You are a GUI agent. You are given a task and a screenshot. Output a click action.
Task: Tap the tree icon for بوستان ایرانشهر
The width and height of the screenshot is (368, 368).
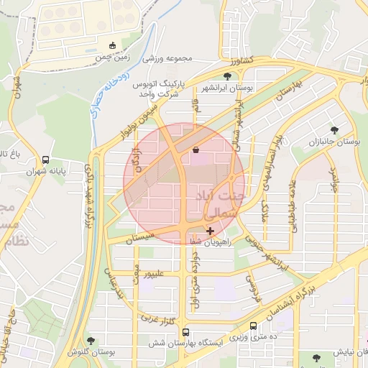tap(228, 75)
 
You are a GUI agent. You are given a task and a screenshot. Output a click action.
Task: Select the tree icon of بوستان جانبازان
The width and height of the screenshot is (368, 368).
tap(334, 130)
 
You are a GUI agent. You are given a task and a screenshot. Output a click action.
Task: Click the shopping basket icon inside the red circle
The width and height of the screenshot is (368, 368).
tap(196, 150)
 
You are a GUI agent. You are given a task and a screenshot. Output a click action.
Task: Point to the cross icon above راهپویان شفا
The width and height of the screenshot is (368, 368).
tap(210, 231)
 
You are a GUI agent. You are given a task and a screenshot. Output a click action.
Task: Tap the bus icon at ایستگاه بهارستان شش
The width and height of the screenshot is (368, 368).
tap(186, 333)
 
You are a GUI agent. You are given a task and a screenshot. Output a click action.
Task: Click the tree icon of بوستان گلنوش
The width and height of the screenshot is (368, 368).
tap(91, 341)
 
